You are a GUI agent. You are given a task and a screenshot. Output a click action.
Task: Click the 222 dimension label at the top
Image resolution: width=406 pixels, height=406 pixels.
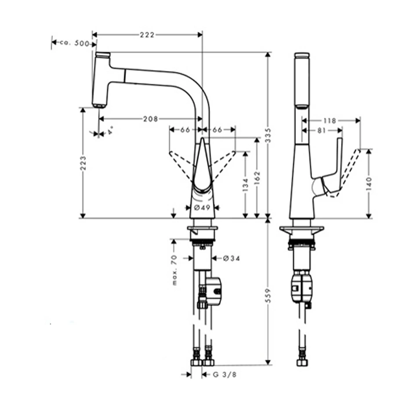tap(147, 35)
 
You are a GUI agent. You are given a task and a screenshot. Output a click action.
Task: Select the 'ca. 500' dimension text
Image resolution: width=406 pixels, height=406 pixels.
tap(74, 43)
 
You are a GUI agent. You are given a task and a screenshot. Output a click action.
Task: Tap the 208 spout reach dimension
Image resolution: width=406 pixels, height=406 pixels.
tap(150, 119)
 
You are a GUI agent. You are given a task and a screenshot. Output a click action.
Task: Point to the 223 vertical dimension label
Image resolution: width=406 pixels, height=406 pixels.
tap(83, 163)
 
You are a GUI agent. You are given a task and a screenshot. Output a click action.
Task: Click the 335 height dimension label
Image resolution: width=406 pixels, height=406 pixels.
tap(268, 135)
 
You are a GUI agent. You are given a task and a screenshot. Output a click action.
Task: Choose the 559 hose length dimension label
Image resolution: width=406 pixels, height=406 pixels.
tap(268, 295)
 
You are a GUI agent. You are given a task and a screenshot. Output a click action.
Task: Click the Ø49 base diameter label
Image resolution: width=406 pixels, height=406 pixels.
tap(202, 208)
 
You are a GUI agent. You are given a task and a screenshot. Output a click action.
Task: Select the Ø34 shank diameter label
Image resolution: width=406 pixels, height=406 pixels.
tap(231, 258)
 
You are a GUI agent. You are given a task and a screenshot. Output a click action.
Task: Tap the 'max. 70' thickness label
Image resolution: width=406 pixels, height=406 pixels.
tap(175, 270)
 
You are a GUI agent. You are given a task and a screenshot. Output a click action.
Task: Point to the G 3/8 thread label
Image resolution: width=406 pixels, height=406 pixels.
tap(224, 375)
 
